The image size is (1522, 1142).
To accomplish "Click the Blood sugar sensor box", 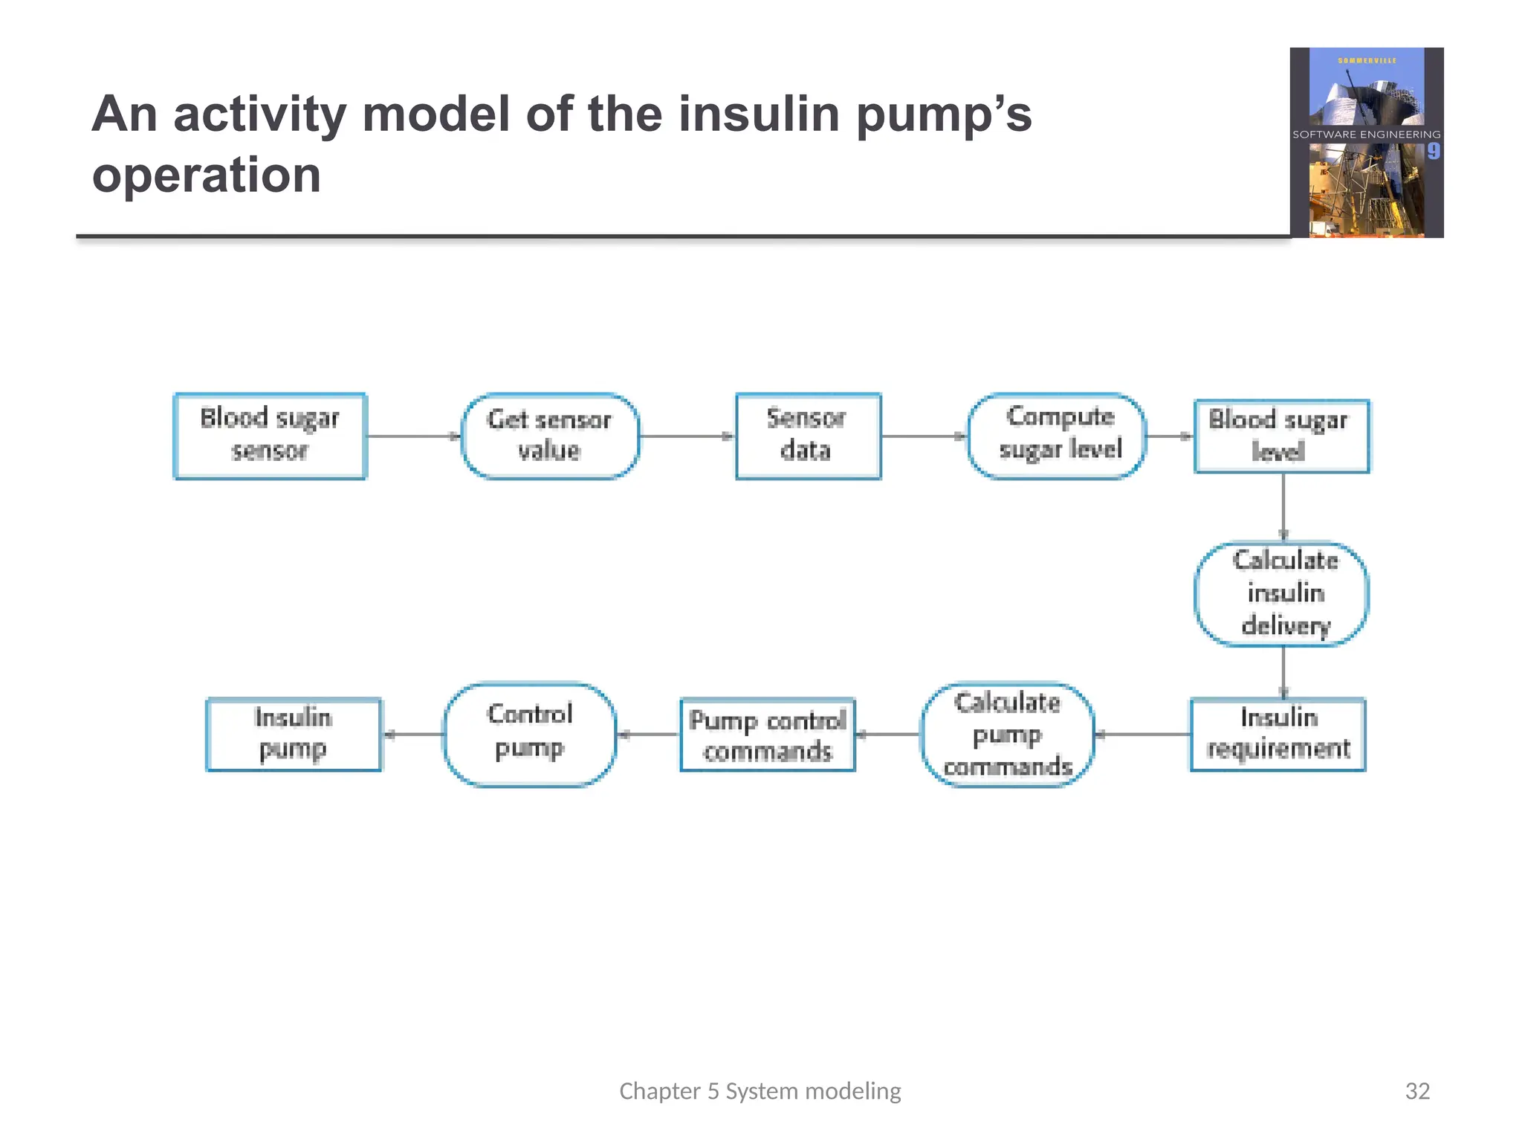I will (270, 436).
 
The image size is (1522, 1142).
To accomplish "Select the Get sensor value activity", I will (550, 436).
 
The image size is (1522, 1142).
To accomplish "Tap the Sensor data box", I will (808, 436).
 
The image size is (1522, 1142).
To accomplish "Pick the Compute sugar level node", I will (1056, 436).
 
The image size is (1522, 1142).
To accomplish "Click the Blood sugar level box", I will (1281, 436).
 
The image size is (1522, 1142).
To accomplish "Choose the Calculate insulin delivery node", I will (1281, 593).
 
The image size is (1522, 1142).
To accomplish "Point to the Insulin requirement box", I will (1277, 734).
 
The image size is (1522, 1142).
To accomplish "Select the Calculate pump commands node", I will (1007, 734).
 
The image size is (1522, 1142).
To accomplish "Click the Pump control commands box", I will (768, 735).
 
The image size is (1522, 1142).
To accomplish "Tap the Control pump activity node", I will (530, 734).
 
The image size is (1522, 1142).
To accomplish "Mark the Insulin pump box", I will (294, 734).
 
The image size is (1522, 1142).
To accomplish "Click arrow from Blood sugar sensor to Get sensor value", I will (414, 436).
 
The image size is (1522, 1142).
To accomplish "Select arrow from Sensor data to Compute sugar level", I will (924, 436).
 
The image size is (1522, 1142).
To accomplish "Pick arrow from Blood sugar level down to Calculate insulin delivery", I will (1283, 507).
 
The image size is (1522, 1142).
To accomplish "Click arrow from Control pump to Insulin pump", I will (413, 735).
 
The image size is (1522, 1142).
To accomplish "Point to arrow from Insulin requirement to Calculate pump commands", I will (1142, 735).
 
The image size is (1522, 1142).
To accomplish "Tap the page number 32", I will (1417, 1091).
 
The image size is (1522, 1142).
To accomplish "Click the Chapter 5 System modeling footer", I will (760, 1091).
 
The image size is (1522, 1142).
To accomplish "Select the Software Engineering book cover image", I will (1366, 143).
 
